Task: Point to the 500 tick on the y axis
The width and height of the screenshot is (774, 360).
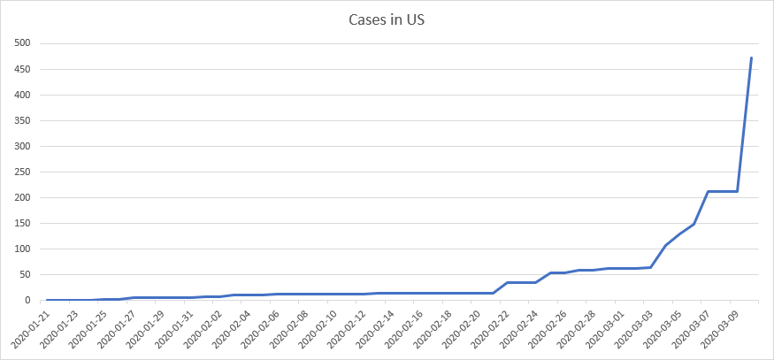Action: coord(21,43)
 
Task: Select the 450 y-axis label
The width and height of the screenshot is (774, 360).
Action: coord(21,69)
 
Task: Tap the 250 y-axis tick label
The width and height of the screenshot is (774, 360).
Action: coord(21,172)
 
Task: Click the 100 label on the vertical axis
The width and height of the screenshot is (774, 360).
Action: coord(21,249)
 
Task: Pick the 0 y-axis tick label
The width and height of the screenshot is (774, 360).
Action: coord(27,300)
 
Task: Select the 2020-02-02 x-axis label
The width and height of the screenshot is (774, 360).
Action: coord(204,328)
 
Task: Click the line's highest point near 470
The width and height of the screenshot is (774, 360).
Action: coord(751,57)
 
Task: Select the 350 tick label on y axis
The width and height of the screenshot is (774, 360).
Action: coord(21,120)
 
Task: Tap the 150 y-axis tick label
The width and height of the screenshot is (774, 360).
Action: coord(21,223)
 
